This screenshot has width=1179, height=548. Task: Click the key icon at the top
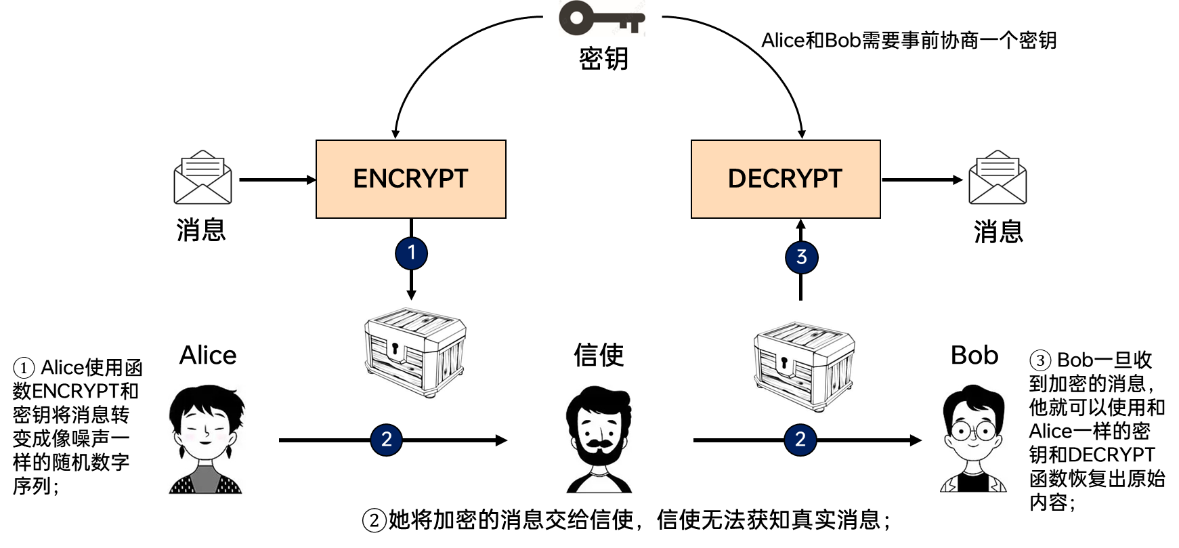coord(601,18)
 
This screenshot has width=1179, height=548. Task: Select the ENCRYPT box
coord(410,179)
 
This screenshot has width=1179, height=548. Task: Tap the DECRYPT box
coord(786,179)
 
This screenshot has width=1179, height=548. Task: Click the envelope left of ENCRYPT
coord(202,177)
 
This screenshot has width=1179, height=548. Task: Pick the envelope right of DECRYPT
coord(998,177)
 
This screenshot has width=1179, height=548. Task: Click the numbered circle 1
coord(411,253)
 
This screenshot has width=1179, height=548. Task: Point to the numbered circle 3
coord(801,257)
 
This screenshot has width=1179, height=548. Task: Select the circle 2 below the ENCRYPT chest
coord(386,440)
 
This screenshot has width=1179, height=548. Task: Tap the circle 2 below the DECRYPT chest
coord(800,440)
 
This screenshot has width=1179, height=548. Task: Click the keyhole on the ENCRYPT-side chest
coord(394,349)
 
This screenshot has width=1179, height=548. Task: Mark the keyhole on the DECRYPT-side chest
coord(784,362)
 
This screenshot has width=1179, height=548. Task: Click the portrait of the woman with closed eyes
coord(207,440)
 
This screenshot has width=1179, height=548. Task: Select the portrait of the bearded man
coord(599,440)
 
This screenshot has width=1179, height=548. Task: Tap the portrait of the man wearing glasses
coord(973,440)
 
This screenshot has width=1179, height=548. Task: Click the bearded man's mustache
coord(599,444)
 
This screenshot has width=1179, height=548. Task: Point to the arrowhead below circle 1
coord(411,295)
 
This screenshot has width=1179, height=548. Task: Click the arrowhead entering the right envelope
coord(957,180)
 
